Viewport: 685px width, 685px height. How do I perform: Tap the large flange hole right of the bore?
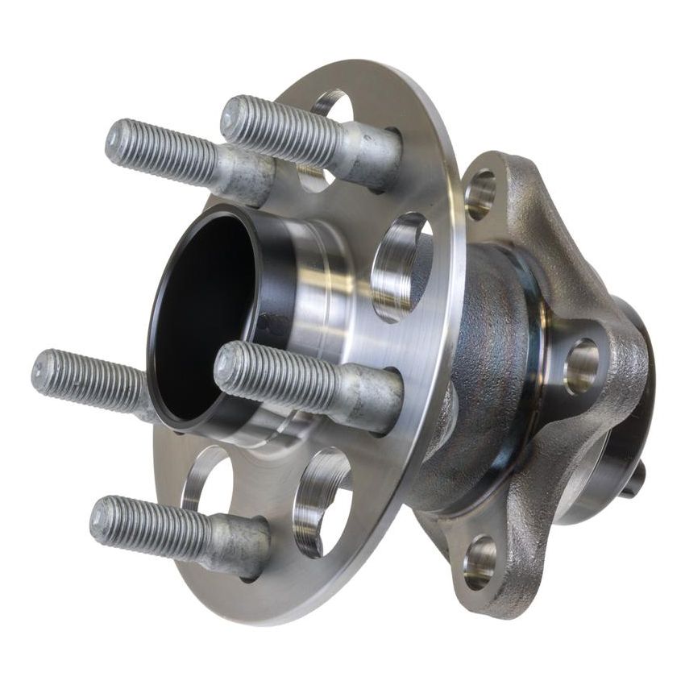pyautogui.click(x=403, y=266)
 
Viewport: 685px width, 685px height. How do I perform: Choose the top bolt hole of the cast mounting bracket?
pyautogui.click(x=481, y=194)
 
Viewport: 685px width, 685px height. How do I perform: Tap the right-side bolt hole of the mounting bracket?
pyautogui.click(x=581, y=365)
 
